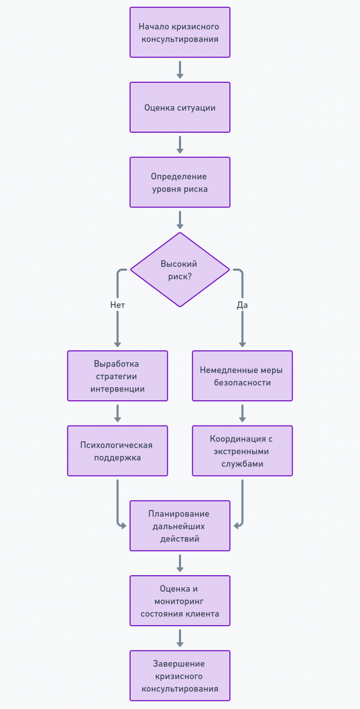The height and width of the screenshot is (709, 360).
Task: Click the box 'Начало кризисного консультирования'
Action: click(x=179, y=32)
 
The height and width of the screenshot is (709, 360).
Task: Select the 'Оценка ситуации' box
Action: click(x=179, y=108)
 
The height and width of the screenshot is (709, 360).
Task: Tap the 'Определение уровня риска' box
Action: click(x=179, y=182)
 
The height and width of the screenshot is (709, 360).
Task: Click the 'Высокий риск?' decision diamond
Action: click(x=179, y=270)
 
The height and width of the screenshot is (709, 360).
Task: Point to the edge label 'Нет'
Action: click(x=117, y=305)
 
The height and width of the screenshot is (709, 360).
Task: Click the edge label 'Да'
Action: click(x=242, y=305)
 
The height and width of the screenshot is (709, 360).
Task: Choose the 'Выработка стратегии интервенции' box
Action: click(x=117, y=376)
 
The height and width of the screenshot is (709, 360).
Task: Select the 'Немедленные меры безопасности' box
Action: click(x=242, y=376)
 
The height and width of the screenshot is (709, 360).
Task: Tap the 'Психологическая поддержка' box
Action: click(x=117, y=451)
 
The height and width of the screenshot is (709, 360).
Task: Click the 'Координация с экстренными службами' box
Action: click(x=242, y=451)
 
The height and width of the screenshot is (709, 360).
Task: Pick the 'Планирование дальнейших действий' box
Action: click(x=179, y=526)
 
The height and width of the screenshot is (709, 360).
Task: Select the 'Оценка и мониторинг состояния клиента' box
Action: click(x=179, y=601)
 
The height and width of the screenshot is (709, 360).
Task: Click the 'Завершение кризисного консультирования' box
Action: click(x=179, y=676)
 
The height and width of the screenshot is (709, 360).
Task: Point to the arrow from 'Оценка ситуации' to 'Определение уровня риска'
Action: click(x=179, y=145)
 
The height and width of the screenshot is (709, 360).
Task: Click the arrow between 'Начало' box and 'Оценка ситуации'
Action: click(x=179, y=70)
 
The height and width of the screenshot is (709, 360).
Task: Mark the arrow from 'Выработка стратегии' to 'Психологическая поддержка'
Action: click(x=117, y=413)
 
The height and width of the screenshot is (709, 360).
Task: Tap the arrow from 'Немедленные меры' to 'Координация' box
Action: click(x=242, y=413)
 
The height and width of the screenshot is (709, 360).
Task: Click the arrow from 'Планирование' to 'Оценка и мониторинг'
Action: click(x=179, y=563)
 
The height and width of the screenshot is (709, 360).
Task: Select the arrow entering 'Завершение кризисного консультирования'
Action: click(x=179, y=638)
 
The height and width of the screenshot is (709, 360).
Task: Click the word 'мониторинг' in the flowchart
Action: click(x=179, y=601)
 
